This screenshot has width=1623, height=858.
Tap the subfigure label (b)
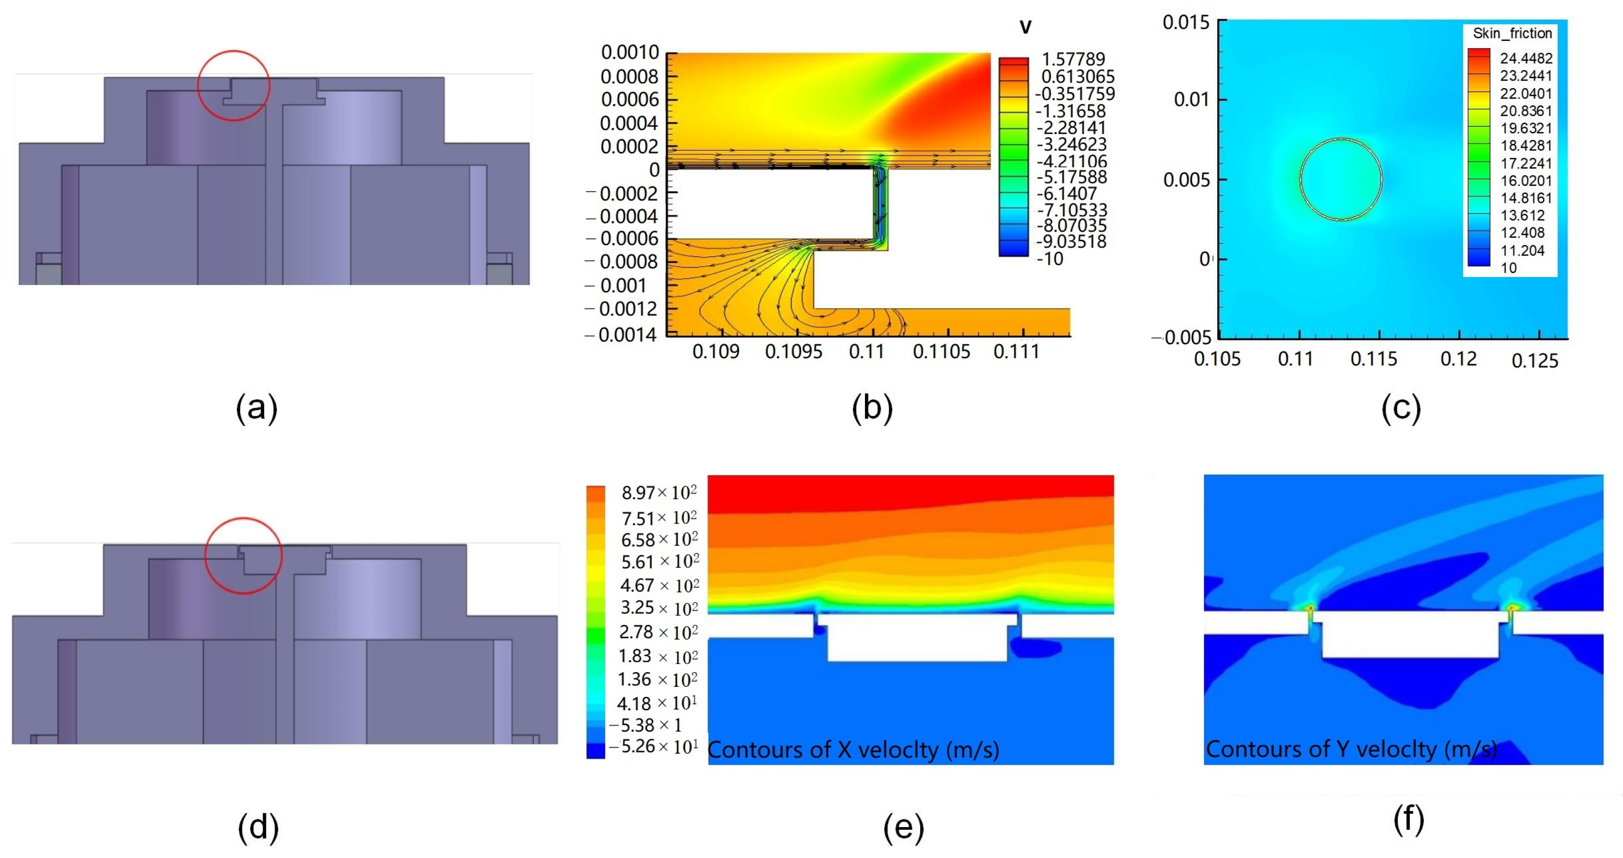point(872,408)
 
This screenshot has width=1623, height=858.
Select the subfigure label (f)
point(1409,819)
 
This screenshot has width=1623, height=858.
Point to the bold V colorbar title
point(1025,27)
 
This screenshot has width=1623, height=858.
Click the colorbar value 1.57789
point(1073,59)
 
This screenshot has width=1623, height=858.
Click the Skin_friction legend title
point(1512,33)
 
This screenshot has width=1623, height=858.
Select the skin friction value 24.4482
point(1526,58)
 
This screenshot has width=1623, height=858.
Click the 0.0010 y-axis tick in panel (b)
point(629,52)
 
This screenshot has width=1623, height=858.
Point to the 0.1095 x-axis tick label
point(793,351)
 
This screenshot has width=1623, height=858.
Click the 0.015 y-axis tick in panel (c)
point(1186,23)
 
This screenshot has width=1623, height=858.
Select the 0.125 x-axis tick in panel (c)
point(1535,360)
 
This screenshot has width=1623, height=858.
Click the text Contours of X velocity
point(853,750)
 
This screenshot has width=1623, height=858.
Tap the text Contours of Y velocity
point(1351,749)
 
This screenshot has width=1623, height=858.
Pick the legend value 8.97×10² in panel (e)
point(659,492)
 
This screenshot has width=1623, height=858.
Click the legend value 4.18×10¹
point(657,703)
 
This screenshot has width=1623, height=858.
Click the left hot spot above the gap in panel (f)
point(1311,608)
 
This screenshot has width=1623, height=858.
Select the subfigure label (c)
point(1401,408)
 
